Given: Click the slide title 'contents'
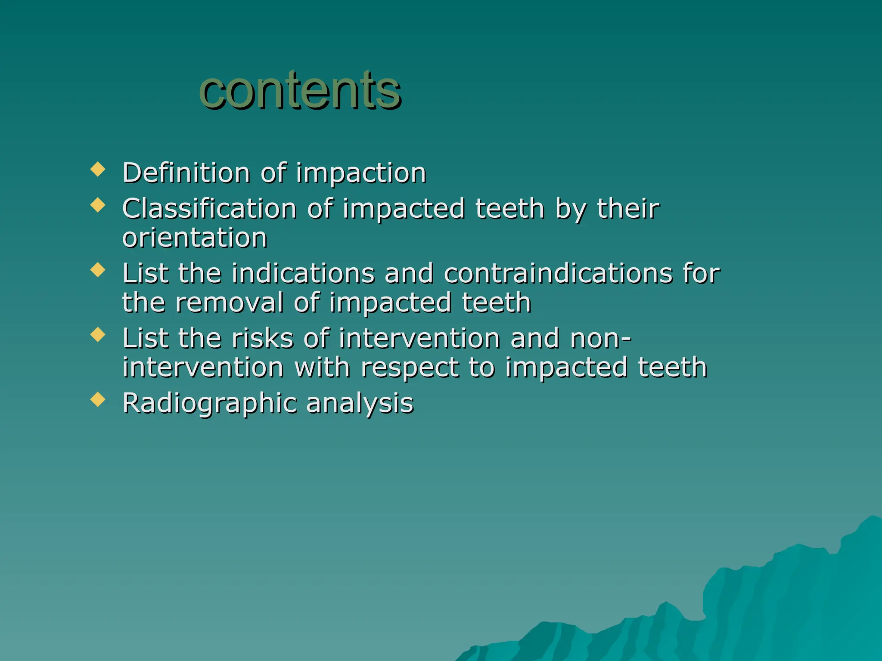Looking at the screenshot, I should (x=300, y=90).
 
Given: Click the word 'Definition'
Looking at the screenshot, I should (x=186, y=173).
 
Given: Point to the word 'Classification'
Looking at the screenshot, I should (x=209, y=209).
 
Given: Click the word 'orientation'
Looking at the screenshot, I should (x=195, y=238).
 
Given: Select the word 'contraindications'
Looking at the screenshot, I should (x=558, y=274).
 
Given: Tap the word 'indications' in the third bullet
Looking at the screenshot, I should (x=303, y=274).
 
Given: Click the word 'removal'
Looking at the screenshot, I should (x=229, y=303).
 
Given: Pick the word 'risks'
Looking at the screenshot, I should (x=263, y=339).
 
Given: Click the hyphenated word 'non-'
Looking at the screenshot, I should (x=600, y=339).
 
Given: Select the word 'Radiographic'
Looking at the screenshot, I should (x=209, y=404).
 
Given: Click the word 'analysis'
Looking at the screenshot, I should (x=360, y=404).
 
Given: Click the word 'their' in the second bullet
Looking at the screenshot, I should (x=628, y=209).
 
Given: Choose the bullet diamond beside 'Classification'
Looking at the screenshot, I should (x=98, y=205).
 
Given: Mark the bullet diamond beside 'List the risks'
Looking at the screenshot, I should (x=98, y=334).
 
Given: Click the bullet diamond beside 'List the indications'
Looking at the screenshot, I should (x=98, y=270).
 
